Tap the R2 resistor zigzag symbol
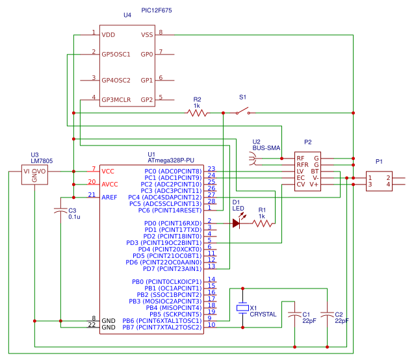[x=197, y=113]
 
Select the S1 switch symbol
[x=242, y=112]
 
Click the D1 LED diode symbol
[x=237, y=223]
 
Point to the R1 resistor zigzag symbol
[x=262, y=223]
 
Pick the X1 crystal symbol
[x=242, y=307]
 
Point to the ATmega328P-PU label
[x=171, y=160]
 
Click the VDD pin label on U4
[x=108, y=34]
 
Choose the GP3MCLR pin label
[x=116, y=99]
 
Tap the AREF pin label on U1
[x=110, y=197]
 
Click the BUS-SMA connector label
[x=266, y=149]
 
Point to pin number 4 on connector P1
[x=387, y=185]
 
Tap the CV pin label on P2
[x=301, y=185]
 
